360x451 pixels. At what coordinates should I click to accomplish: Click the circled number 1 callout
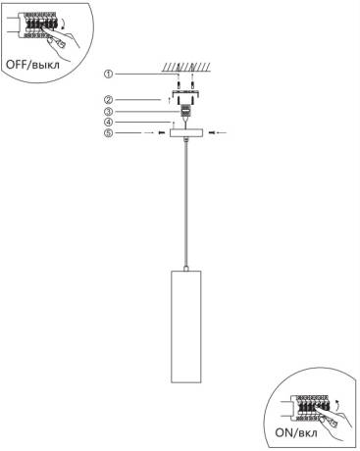(x=109, y=75)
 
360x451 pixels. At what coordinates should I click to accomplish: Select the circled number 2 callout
(x=109, y=99)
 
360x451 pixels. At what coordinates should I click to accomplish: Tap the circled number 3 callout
(x=109, y=112)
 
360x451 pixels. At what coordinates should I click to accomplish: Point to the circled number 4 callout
(x=109, y=123)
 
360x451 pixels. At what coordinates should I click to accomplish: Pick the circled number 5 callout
(x=109, y=133)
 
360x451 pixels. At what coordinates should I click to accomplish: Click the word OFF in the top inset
(x=17, y=64)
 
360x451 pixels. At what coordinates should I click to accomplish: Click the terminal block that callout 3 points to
(x=186, y=111)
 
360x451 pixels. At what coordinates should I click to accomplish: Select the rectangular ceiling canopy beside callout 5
(x=186, y=132)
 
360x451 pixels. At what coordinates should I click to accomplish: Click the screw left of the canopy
(x=162, y=133)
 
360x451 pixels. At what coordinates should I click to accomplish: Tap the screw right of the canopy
(x=212, y=132)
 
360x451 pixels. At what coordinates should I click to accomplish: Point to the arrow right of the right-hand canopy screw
(x=222, y=132)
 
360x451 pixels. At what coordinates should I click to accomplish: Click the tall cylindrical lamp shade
(x=185, y=326)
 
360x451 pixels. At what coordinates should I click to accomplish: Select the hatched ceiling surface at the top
(x=186, y=68)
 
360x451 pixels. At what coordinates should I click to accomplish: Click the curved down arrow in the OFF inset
(x=64, y=25)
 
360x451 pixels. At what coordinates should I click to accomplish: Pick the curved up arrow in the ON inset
(x=338, y=405)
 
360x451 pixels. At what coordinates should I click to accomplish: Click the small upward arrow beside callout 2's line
(x=169, y=100)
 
